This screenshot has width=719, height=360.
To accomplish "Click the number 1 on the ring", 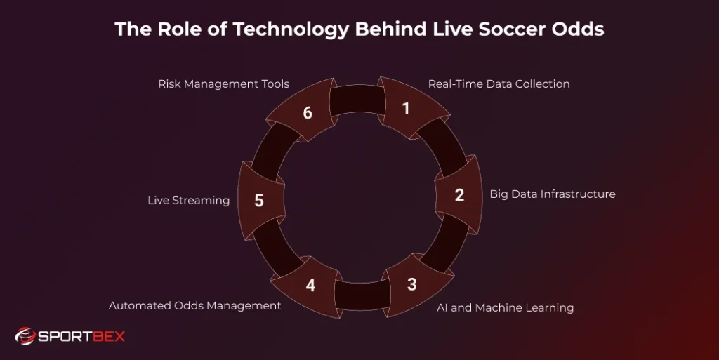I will click(405, 109).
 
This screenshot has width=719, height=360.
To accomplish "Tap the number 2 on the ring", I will click(459, 195).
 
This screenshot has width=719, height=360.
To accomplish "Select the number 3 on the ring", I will click(411, 284).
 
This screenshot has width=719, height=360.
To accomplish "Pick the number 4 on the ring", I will click(310, 286).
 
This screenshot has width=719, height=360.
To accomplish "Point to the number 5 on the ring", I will click(259, 201).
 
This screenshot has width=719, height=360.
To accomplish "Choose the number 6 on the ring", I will click(308, 112).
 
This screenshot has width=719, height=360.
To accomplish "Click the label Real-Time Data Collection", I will click(499, 84).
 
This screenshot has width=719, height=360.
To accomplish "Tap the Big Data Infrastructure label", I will click(553, 194).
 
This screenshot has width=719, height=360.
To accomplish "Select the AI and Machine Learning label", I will click(503, 307).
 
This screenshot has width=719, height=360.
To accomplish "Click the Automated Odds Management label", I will click(195, 306).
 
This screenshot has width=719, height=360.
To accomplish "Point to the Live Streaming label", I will click(188, 201).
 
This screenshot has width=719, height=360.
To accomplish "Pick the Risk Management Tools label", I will click(223, 84).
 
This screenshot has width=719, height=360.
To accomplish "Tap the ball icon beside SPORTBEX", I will click(25, 337).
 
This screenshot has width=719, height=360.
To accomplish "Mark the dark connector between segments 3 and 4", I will click(361, 295).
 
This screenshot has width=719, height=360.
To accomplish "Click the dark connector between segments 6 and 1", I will click(356, 100).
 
